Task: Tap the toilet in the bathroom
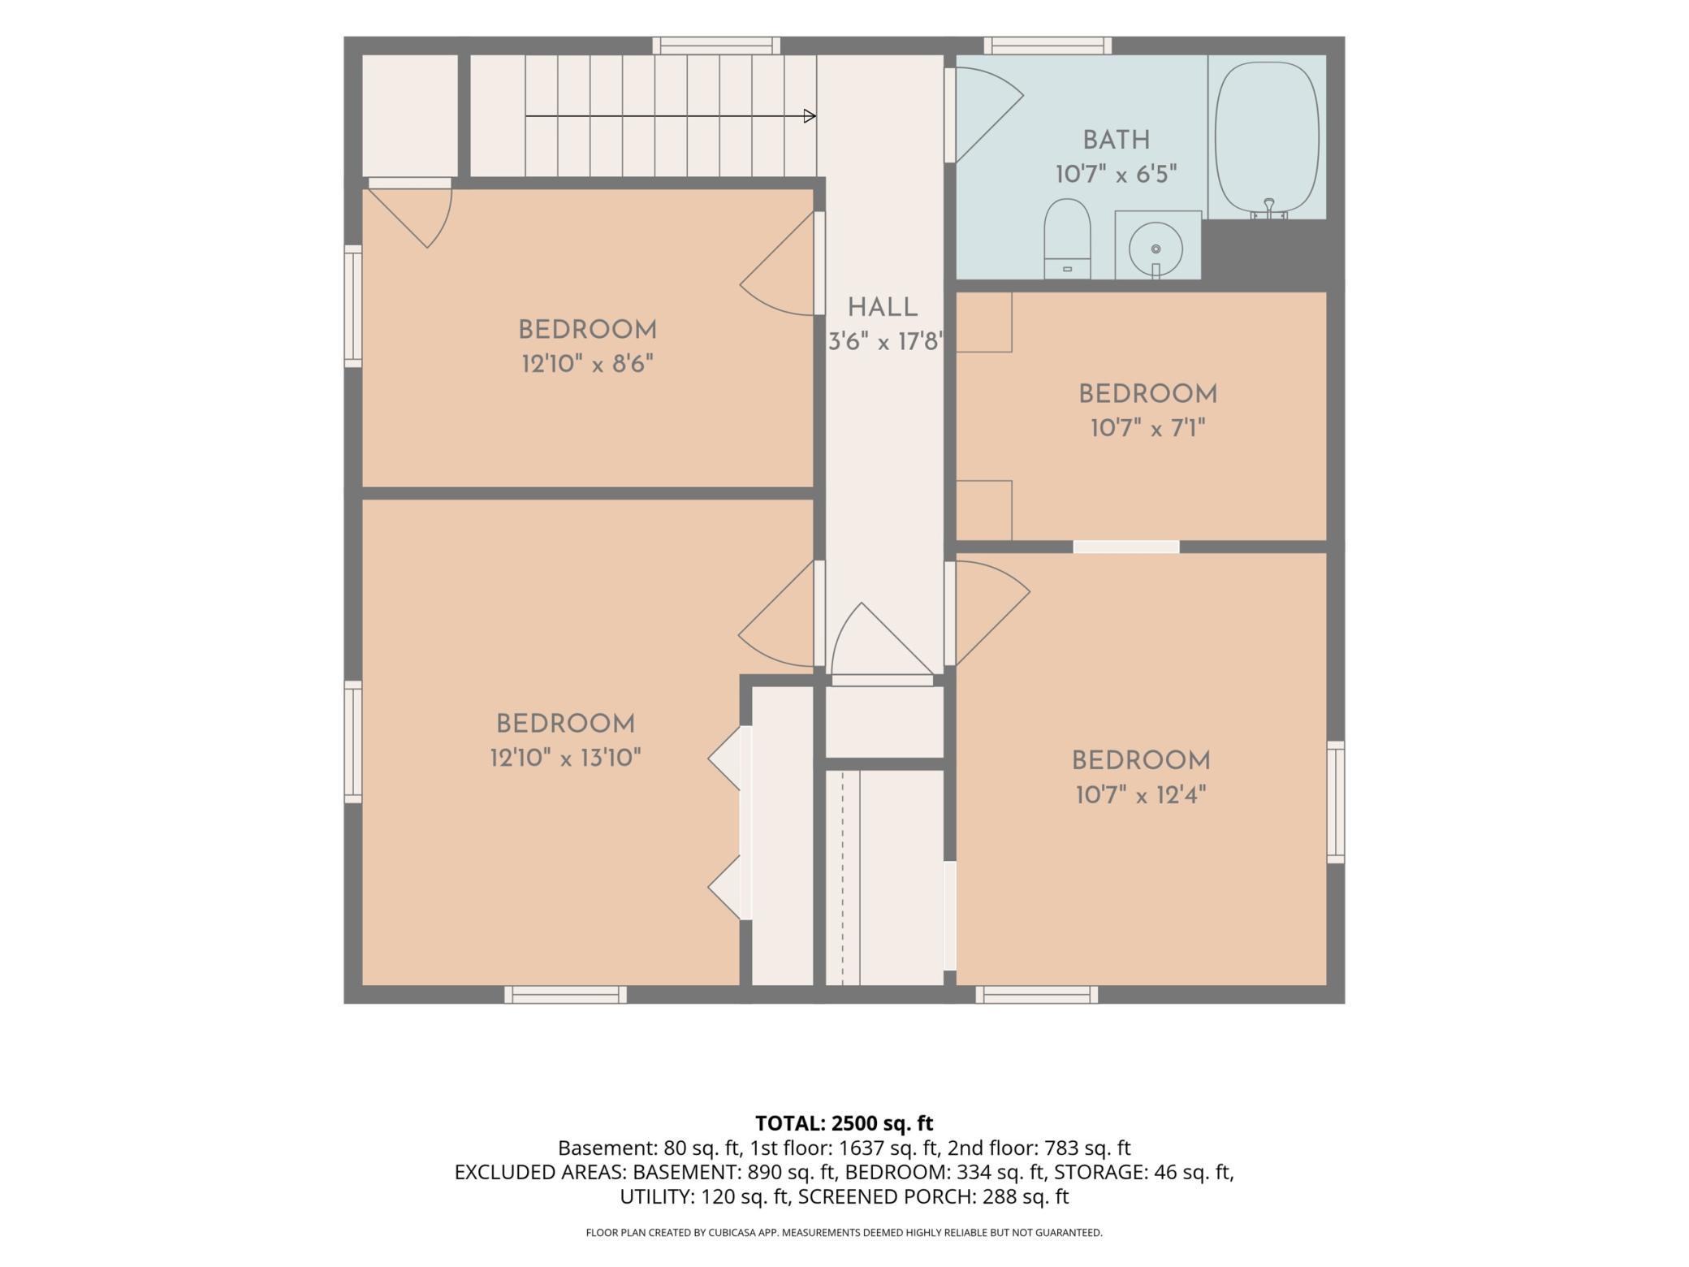[1066, 238]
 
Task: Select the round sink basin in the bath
[1156, 249]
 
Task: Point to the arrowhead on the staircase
[810, 116]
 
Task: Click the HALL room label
[883, 308]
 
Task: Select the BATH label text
[1117, 141]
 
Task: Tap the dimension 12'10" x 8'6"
[588, 364]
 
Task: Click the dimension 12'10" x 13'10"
[566, 758]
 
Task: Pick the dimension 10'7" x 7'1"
[1148, 428]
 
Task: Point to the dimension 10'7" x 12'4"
[1141, 795]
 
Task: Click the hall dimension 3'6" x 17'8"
[885, 342]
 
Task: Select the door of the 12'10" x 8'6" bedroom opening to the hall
[777, 264]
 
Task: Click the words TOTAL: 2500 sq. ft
[844, 1123]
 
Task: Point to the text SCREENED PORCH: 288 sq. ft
[934, 1196]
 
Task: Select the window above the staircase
[716, 45]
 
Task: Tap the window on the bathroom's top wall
[1048, 45]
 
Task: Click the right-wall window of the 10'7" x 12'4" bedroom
[1336, 802]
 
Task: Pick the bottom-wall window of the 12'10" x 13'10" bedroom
[565, 995]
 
